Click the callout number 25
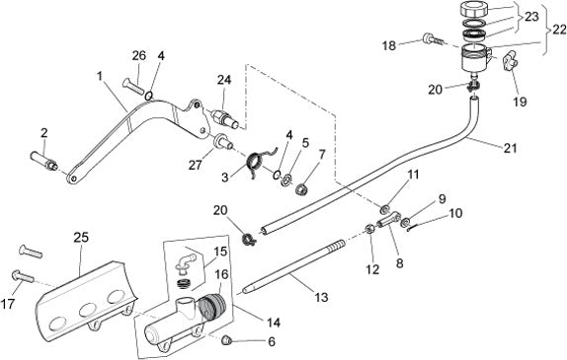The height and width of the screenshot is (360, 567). pos(81,238)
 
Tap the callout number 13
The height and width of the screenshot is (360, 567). pos(321,297)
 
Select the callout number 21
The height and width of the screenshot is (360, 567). pos(510,148)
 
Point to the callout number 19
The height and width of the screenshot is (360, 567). pos(520,102)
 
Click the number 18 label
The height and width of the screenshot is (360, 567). pos(389,45)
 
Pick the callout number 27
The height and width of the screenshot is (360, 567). pos(196,165)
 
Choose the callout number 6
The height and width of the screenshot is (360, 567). pos(272,341)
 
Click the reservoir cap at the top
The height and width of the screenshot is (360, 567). pos(474,9)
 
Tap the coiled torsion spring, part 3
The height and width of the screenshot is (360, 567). pos(259,160)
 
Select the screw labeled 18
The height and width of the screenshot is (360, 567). pos(432,38)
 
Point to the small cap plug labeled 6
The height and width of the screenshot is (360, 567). pos(226,339)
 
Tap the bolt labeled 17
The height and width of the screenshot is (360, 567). pos(23,277)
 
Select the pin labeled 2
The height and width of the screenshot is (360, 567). pos(43,161)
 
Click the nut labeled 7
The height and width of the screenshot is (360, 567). pos(301,188)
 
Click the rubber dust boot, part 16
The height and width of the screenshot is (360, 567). pos(212,306)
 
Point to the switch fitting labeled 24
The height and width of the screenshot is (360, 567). pos(224,118)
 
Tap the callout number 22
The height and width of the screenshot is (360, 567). pos(559,30)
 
